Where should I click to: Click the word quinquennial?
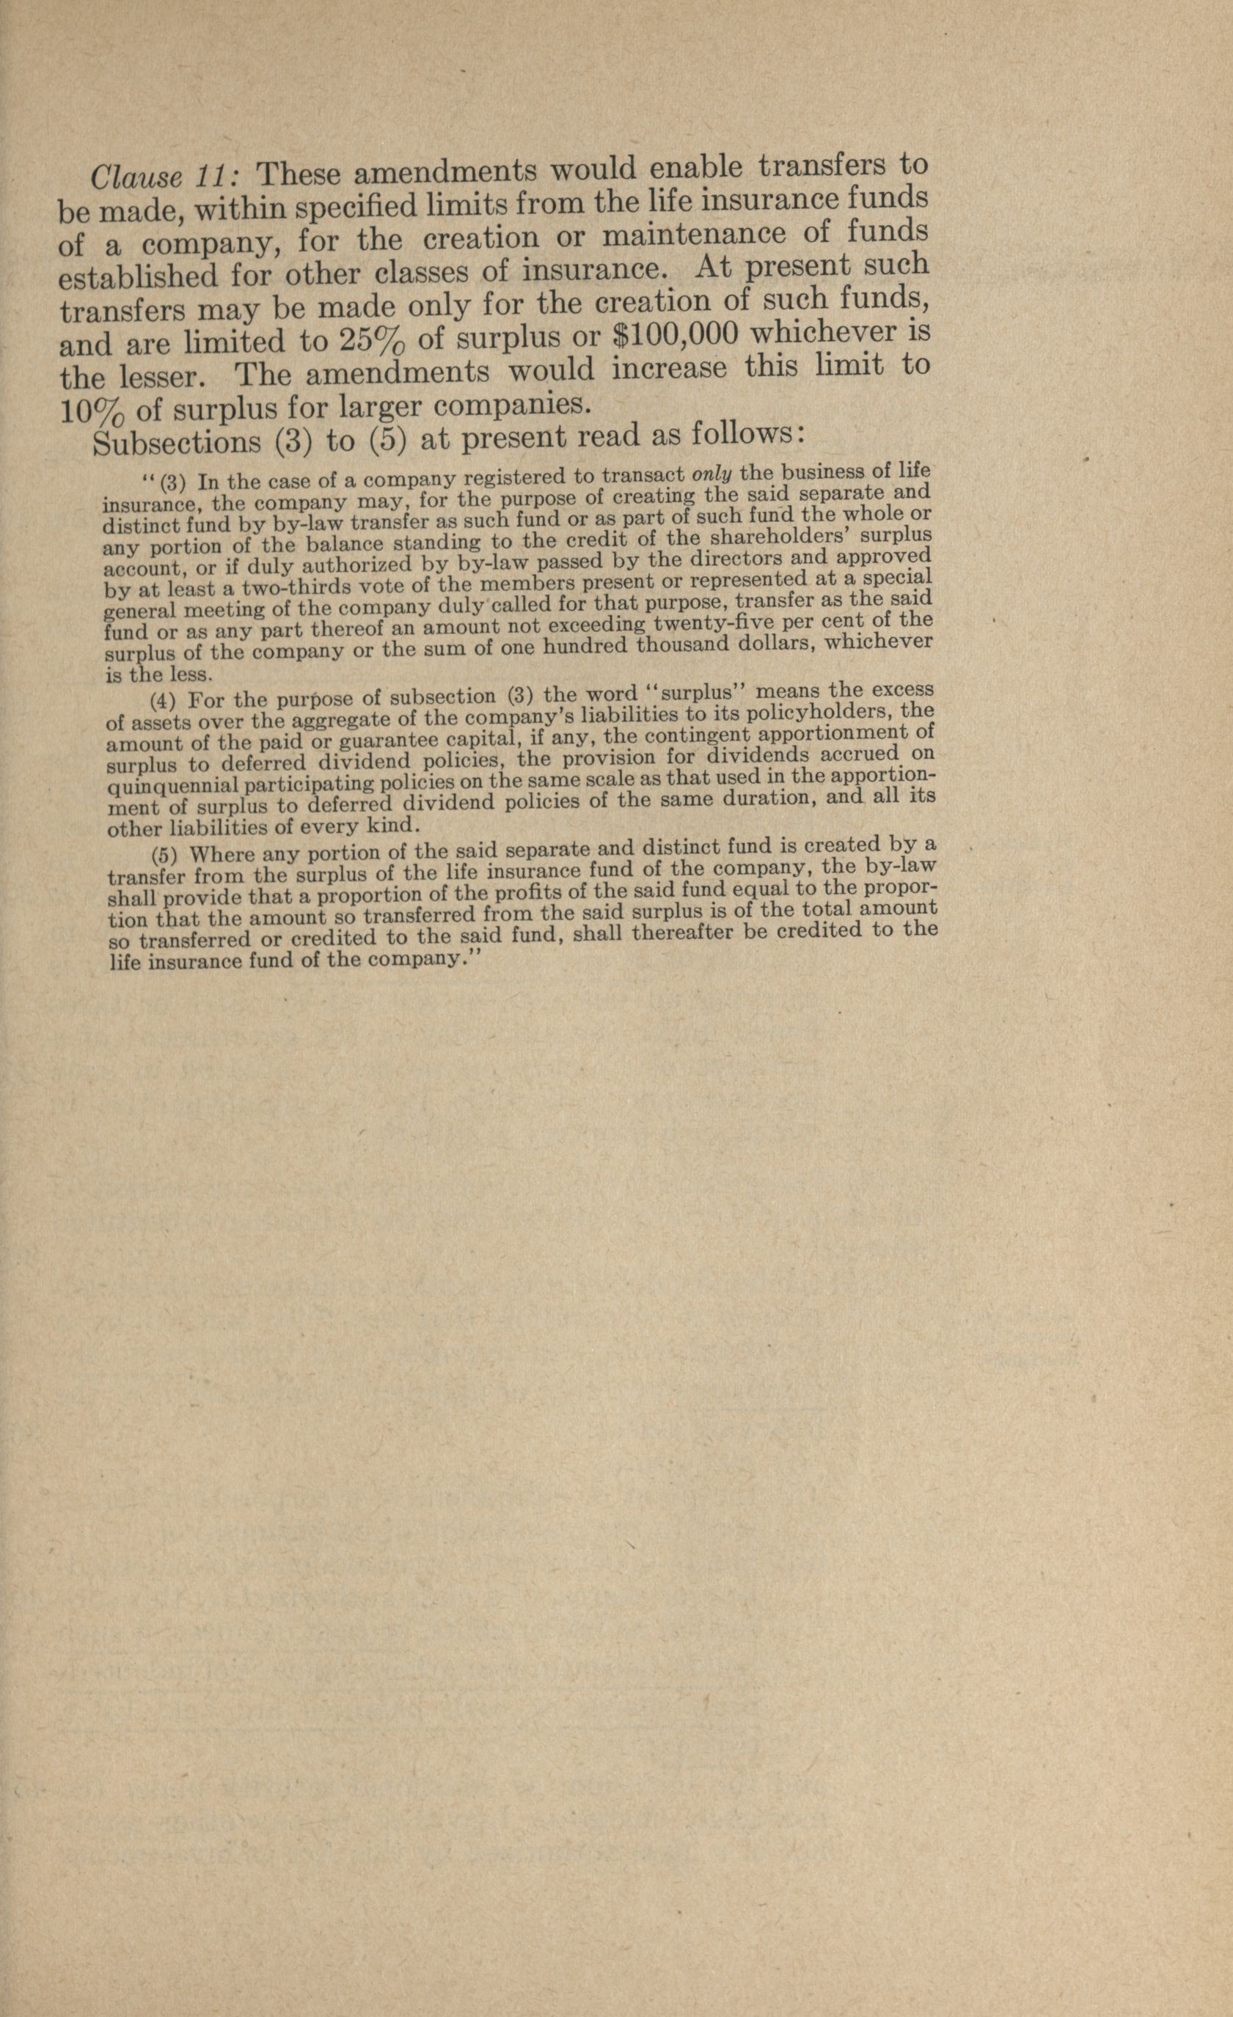167,785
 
